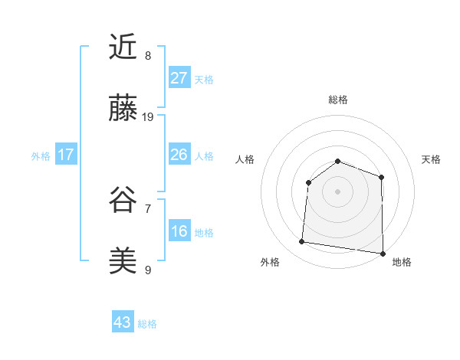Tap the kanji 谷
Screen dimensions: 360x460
tap(123, 200)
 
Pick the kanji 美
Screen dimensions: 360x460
tap(123, 261)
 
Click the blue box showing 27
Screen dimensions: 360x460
tap(179, 78)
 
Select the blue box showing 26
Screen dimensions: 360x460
tap(179, 155)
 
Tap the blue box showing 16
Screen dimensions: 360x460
tap(179, 231)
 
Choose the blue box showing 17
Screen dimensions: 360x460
tap(66, 155)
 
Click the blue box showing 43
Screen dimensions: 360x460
tap(123, 322)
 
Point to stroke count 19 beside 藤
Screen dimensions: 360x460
tap(148, 117)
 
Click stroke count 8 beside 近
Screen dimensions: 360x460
tap(148, 56)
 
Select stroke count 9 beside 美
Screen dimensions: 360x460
tap(148, 270)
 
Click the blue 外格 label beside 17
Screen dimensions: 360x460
tap(41, 156)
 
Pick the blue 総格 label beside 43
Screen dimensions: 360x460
tap(147, 324)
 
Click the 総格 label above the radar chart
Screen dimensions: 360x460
tap(338, 100)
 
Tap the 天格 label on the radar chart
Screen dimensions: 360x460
tap(432, 159)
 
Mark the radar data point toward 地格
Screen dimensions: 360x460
tap(383, 253)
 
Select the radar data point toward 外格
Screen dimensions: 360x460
tap(302, 242)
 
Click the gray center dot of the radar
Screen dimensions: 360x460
tap(337, 191)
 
